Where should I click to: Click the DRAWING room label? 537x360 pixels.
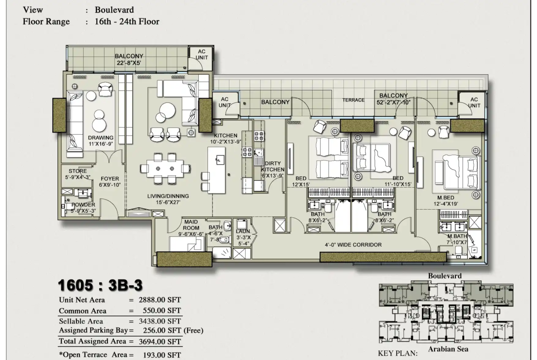click(101, 138)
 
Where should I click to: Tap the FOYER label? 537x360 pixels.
click(110, 179)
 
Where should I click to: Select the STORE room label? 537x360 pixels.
click(78, 171)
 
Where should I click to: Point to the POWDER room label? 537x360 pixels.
click(83, 205)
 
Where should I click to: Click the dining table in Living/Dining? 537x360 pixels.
click(165, 169)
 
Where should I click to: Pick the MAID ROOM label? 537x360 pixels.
click(191, 225)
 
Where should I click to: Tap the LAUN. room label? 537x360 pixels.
click(244, 231)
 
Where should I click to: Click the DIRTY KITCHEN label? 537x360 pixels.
click(273, 166)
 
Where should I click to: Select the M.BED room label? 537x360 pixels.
click(446, 198)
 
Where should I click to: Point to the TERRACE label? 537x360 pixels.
click(353, 100)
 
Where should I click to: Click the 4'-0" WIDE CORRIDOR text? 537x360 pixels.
click(353, 245)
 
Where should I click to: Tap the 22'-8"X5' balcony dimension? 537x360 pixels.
click(129, 63)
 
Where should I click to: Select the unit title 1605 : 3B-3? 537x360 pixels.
click(100, 285)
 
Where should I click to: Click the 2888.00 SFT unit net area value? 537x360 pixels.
click(160, 300)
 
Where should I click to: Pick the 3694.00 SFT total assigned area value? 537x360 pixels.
click(160, 341)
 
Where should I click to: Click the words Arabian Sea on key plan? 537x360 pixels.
click(448, 349)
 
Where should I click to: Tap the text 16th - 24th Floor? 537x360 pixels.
click(127, 22)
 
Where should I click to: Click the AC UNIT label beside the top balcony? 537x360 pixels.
click(201, 55)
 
